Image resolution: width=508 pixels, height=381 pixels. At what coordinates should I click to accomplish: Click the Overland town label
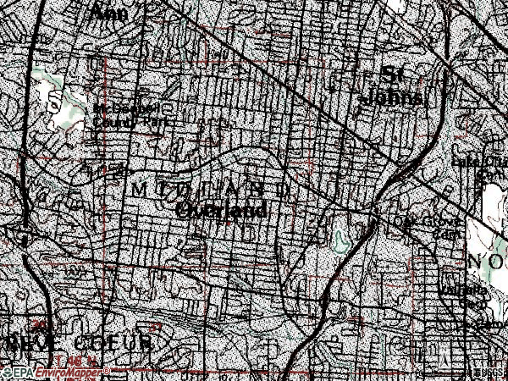click(224, 209)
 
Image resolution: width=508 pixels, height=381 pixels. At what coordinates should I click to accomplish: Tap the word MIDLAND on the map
click(211, 187)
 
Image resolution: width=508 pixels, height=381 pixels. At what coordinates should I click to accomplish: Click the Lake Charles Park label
click(491, 165)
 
